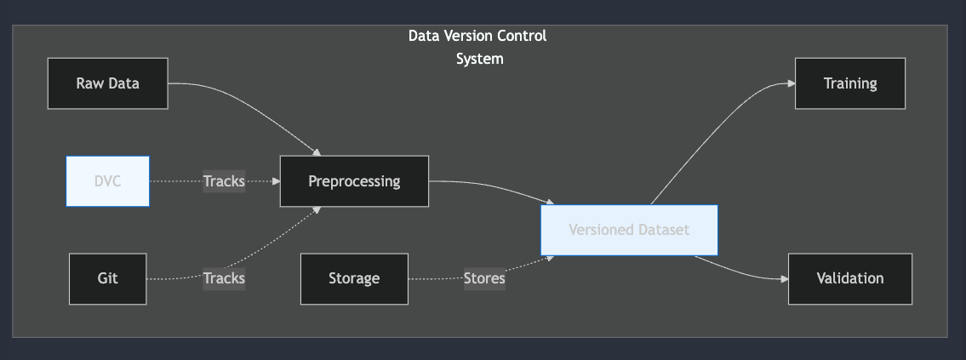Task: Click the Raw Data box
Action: click(107, 83)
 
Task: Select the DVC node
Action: click(108, 180)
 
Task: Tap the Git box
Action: click(107, 278)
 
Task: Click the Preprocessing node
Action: click(354, 180)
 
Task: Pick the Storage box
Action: click(354, 278)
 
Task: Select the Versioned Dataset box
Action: click(629, 230)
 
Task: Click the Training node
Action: click(849, 83)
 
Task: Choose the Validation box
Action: click(849, 278)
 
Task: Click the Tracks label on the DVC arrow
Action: click(224, 180)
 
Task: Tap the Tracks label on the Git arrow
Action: click(224, 278)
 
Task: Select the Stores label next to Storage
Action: click(484, 278)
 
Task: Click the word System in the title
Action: click(479, 59)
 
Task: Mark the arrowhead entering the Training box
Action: click(791, 83)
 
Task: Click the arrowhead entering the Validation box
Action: click(784, 278)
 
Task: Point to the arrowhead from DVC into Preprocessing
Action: click(275, 180)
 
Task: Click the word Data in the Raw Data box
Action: click(123, 83)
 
